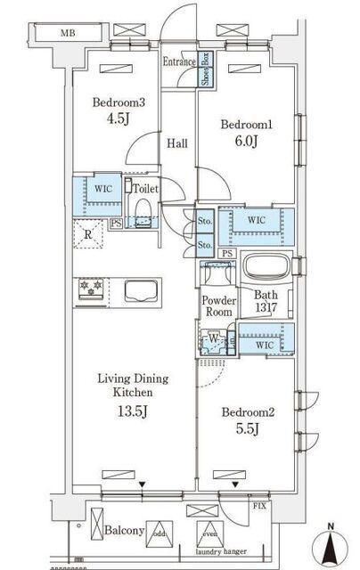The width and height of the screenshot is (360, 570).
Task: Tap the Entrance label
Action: click(178, 61)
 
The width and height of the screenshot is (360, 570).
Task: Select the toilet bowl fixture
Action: click(141, 208)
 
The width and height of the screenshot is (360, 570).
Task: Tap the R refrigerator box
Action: click(86, 237)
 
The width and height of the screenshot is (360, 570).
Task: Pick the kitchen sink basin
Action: click(142, 290)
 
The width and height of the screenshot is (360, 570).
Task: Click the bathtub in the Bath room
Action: click(268, 269)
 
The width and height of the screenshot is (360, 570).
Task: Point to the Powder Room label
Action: click(217, 306)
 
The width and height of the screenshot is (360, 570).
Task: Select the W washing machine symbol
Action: click(215, 338)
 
